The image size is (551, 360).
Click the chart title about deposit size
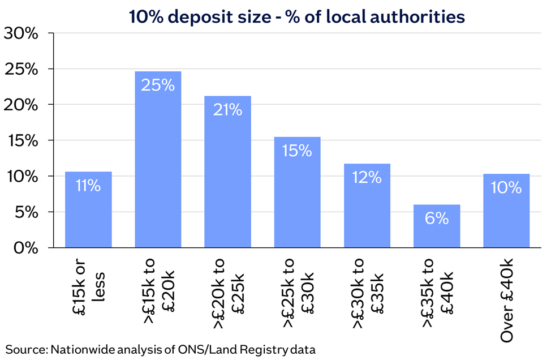click(297, 16)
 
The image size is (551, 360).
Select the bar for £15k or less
click(88, 209)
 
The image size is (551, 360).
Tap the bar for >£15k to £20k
click(158, 159)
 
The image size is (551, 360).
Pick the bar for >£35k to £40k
click(437, 226)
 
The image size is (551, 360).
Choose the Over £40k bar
click(506, 211)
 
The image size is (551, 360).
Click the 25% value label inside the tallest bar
click(158, 85)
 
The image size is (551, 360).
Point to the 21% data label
click(228, 110)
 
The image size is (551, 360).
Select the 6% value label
click(437, 218)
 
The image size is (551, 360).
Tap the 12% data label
click(367, 177)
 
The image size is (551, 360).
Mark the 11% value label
click(88, 185)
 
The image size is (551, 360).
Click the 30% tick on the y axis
click(21, 33)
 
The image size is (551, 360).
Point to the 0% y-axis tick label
click(26, 248)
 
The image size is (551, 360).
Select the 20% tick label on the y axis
click(21, 105)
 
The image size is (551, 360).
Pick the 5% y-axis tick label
click(27, 212)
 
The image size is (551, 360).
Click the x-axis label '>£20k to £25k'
click(229, 293)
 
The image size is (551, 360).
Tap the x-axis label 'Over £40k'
click(507, 300)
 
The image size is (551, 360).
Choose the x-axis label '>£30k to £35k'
click(368, 293)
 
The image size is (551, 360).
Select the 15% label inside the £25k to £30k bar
click(297, 151)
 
